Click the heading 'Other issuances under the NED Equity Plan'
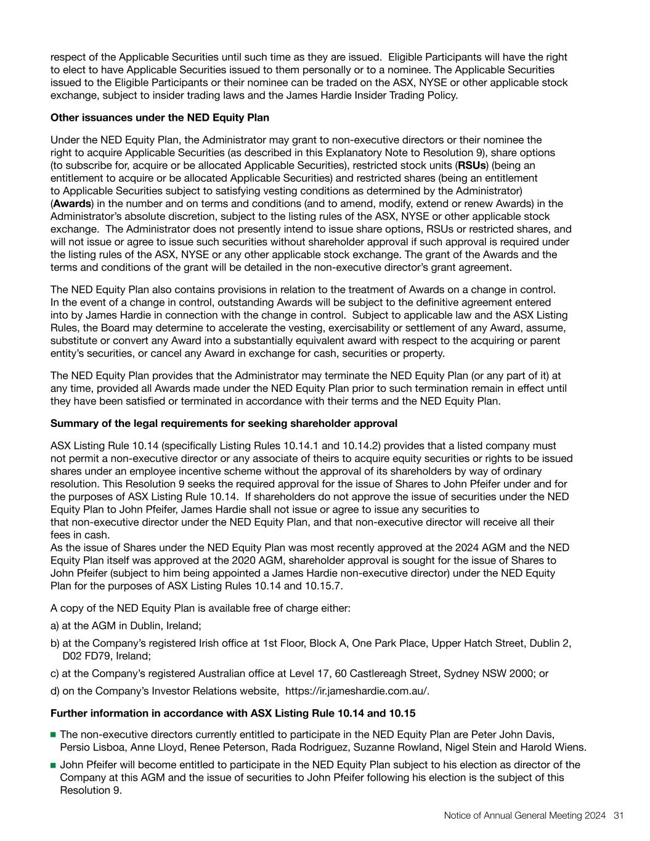tap(160, 118)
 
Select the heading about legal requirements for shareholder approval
tap(224, 423)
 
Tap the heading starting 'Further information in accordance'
tap(233, 713)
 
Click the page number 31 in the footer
tap(619, 815)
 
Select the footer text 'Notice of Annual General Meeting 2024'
tap(525, 815)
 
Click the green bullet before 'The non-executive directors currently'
tap(54, 734)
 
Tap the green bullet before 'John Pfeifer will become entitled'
tap(54, 765)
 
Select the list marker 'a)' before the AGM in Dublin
tap(55, 625)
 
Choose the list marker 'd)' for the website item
tap(55, 691)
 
